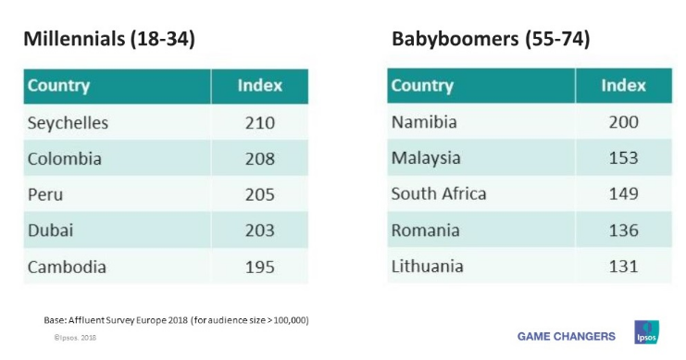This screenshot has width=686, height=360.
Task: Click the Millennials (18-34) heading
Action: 108,40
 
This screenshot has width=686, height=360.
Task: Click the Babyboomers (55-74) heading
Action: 491,40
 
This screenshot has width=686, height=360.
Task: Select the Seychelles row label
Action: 68,122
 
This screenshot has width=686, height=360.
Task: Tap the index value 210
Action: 259,122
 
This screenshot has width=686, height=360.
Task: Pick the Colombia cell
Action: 64,158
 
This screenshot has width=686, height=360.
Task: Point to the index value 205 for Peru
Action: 259,194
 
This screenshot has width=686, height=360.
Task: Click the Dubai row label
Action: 50,230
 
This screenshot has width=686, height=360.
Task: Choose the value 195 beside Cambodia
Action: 259,267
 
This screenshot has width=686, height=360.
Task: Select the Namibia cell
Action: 424,121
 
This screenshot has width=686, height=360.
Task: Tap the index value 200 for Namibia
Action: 623,121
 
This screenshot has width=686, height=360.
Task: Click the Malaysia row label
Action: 426,157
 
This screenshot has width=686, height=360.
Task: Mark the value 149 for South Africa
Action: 623,193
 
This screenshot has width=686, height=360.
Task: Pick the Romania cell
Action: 425,230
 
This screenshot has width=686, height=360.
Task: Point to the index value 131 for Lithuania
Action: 623,266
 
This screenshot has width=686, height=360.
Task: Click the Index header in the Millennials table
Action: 259,86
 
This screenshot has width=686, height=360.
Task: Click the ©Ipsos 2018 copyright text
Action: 74,339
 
